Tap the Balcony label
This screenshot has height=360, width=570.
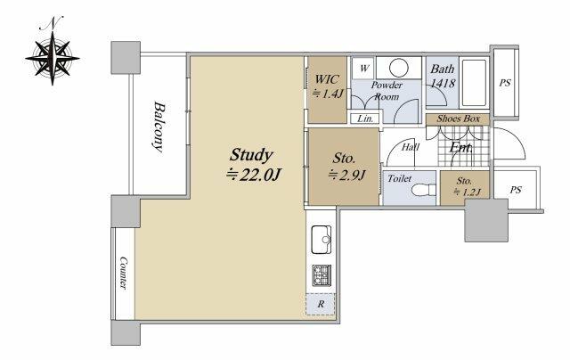click(x=159, y=127)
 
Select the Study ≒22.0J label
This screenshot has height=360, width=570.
click(x=252, y=165)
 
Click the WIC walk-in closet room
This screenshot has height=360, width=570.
click(x=327, y=89)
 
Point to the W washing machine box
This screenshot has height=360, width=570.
click(x=364, y=68)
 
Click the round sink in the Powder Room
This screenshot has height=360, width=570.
click(x=399, y=68)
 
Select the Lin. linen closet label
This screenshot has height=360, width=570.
click(x=365, y=119)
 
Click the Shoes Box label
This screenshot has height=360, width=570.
click(x=458, y=119)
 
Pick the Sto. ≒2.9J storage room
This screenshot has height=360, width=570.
click(x=344, y=166)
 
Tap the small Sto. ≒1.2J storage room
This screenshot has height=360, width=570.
click(x=465, y=188)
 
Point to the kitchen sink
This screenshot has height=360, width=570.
click(x=322, y=240)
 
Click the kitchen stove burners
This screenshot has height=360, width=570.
click(x=322, y=275)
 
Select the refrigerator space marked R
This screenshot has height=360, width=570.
click(x=321, y=304)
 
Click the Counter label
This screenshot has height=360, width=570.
click(x=124, y=273)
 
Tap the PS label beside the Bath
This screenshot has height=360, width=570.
click(x=505, y=83)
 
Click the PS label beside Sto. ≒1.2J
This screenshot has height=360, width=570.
click(x=516, y=190)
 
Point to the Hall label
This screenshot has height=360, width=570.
click(x=411, y=147)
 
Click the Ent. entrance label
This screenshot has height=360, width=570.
click(x=461, y=147)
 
